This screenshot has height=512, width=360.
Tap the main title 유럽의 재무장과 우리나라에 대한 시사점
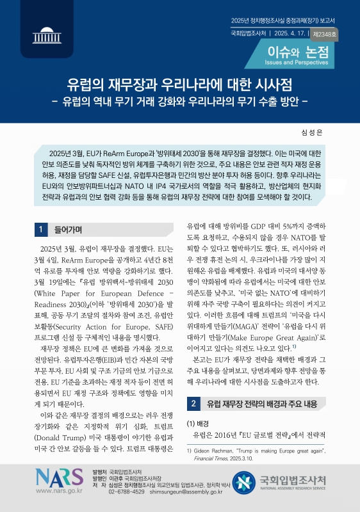[179, 85]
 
